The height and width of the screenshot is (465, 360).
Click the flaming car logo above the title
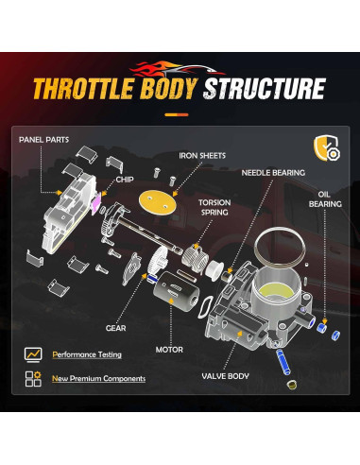[x=180, y=66]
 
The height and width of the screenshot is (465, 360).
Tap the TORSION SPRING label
[x=215, y=208]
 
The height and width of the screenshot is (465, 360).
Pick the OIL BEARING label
[x=324, y=197]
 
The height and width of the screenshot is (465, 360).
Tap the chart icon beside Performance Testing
[x=33, y=354]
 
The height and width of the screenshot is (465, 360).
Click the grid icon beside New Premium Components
[x=33, y=378]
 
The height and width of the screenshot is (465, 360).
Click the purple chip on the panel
[x=95, y=200]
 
